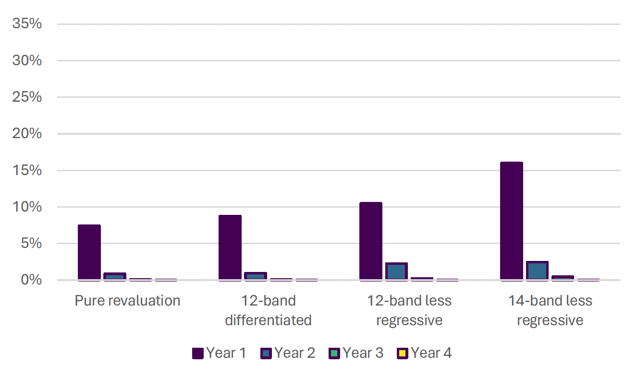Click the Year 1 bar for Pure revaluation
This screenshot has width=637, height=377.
pos(89,252)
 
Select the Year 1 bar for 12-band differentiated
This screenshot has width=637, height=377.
pos(230,247)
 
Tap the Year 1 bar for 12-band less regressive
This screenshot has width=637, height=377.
pos(371,241)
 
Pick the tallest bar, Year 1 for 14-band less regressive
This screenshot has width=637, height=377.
pos(512,221)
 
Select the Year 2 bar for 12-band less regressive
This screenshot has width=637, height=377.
pos(396,271)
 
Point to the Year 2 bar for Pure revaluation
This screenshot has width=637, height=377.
pos(114,277)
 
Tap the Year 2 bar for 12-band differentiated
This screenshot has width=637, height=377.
pos(256,276)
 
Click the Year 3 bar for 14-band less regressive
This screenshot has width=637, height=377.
pos(563,278)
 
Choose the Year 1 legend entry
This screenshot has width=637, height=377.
pos(219,353)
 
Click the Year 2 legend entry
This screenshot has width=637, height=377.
pos(288,353)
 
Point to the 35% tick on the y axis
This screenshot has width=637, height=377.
pos(27,24)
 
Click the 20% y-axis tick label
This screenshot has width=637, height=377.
pos(27,134)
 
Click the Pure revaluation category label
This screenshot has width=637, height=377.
pos(127,301)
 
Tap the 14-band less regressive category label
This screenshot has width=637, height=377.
pos(550,310)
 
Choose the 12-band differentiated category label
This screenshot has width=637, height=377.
pos(268,310)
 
